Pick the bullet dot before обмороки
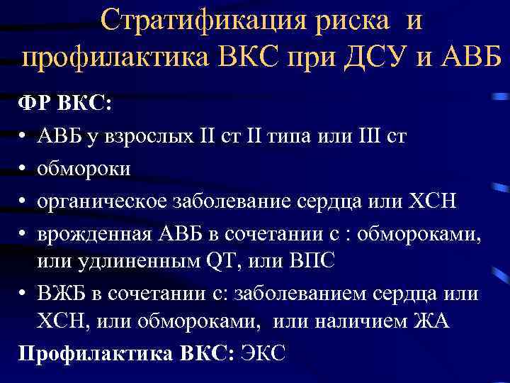tap(23, 169)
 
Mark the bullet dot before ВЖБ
tap(23, 293)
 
